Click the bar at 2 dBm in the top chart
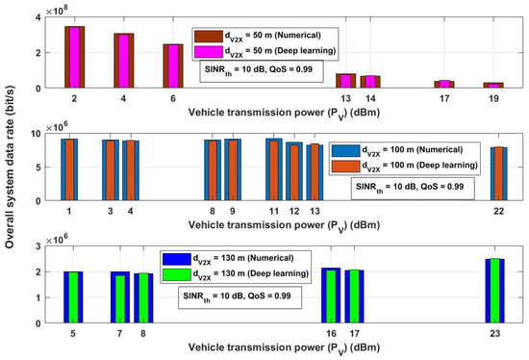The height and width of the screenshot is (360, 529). point(74,57)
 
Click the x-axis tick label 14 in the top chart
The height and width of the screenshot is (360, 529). point(373,98)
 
